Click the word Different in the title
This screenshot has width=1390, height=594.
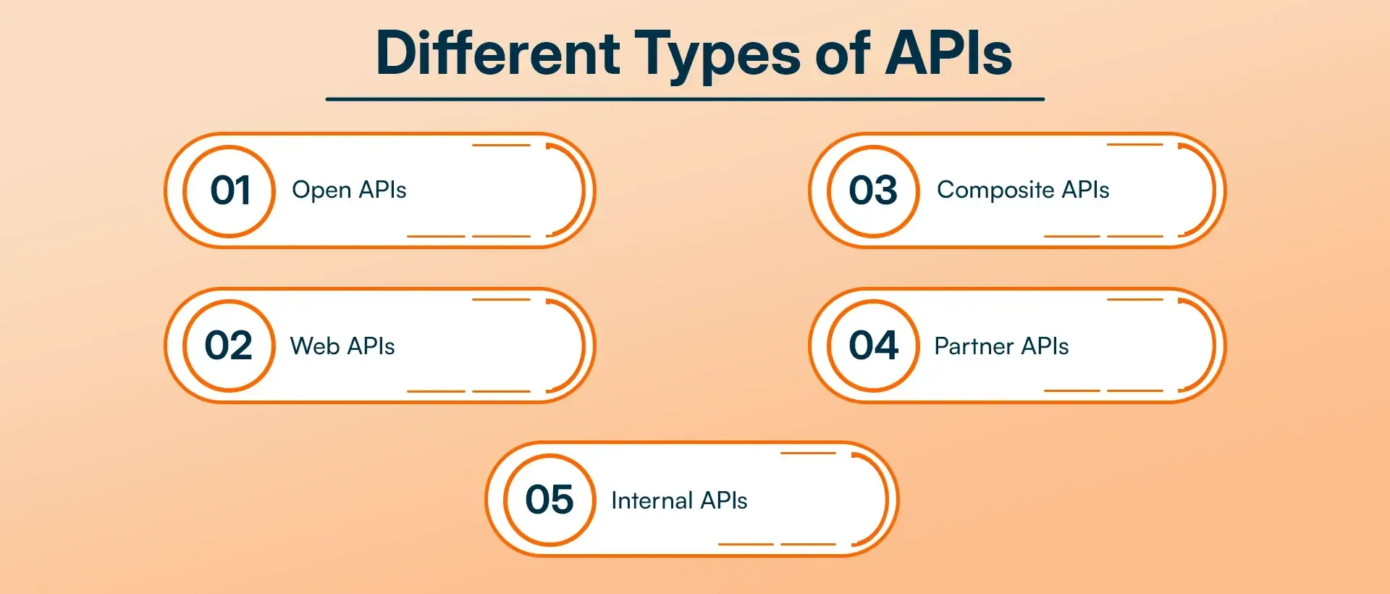(498, 54)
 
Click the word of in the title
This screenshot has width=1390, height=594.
(842, 54)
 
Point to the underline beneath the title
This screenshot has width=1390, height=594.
(685, 99)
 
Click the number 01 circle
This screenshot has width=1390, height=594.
(229, 191)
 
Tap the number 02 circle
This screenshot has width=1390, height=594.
(229, 346)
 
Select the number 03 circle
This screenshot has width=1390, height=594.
(873, 191)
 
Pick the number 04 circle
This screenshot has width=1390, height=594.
(873, 346)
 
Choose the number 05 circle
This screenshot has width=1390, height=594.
(549, 500)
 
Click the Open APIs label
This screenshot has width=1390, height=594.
(349, 191)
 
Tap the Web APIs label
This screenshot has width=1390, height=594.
(342, 346)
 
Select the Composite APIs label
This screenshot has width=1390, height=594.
(1022, 191)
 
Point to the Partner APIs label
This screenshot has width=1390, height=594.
(1001, 346)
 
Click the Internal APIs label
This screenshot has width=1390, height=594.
(679, 501)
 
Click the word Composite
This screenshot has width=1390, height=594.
(995, 191)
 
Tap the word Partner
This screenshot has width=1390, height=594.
(974, 346)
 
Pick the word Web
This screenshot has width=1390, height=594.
(315, 346)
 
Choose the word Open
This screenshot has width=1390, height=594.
(321, 191)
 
